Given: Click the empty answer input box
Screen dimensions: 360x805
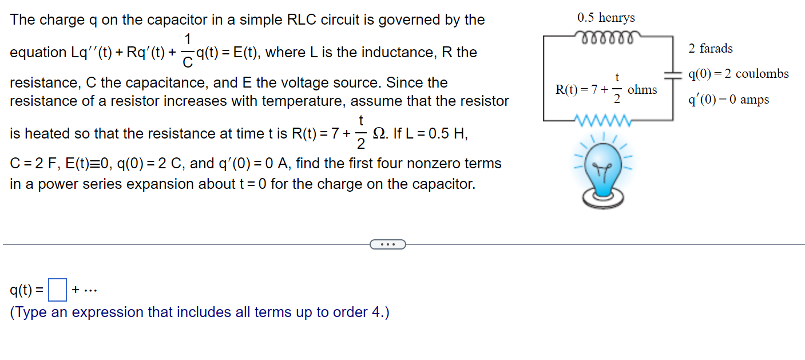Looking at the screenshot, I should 57,290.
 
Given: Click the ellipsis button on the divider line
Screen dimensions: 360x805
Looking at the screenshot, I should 387,244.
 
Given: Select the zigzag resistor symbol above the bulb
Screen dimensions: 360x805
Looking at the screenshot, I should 606,121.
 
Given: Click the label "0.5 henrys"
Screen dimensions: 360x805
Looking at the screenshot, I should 606,18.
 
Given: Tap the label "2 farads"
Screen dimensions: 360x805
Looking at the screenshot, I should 711,49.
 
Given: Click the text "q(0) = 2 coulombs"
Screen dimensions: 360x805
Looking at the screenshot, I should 739,74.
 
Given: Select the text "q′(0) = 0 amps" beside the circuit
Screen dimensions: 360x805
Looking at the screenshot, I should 728,100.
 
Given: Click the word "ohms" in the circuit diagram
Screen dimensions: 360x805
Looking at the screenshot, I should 642,90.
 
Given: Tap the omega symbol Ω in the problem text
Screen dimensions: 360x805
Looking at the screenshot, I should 378,133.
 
